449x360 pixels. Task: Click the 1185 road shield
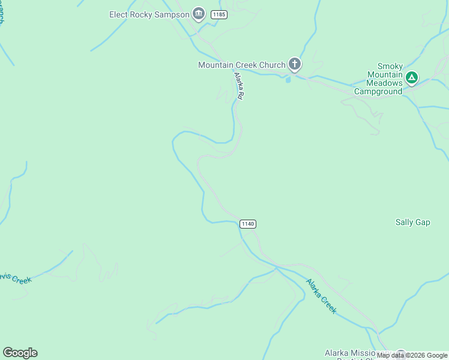pyautogui.click(x=219, y=14)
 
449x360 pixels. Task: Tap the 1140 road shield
pyautogui.click(x=248, y=224)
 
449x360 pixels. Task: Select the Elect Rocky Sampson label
pyautogui.click(x=149, y=14)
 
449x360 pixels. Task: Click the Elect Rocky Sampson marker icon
pyautogui.click(x=199, y=14)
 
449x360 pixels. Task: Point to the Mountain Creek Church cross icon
pyautogui.click(x=294, y=64)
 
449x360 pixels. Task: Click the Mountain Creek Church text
pyautogui.click(x=241, y=65)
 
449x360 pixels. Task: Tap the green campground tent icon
pyautogui.click(x=412, y=77)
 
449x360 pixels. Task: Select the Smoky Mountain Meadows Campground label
pyautogui.click(x=378, y=79)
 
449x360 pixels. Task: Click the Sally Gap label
pyautogui.click(x=412, y=222)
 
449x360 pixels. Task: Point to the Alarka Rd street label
pyautogui.click(x=239, y=86)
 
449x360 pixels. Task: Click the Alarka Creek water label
pyautogui.click(x=321, y=296)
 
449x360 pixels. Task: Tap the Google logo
pyautogui.click(x=20, y=353)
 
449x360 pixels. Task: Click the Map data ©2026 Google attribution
pyautogui.click(x=412, y=356)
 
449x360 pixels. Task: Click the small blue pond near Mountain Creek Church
pyautogui.click(x=289, y=79)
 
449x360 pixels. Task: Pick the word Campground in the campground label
pyautogui.click(x=378, y=92)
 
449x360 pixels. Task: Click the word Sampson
pyautogui.click(x=172, y=14)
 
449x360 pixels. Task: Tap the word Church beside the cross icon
pyautogui.click(x=271, y=65)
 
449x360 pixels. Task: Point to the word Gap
pyautogui.click(x=423, y=222)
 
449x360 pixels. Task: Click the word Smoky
pyautogui.click(x=390, y=67)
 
